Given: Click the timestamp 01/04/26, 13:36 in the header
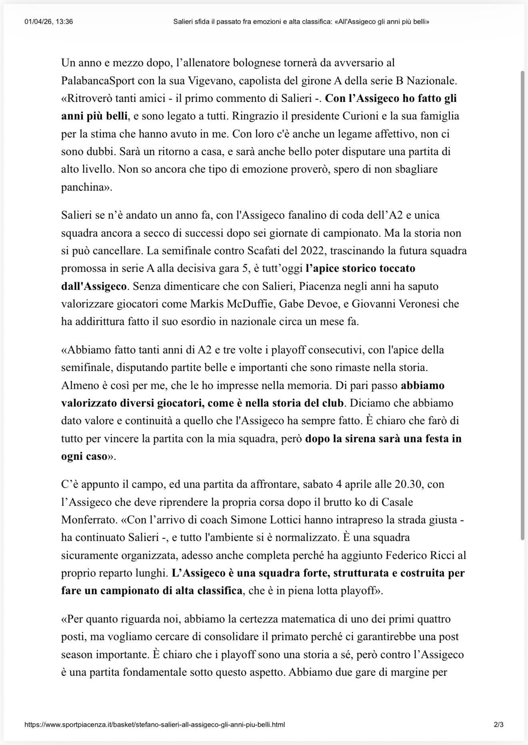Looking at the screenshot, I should pyautogui.click(x=48, y=22).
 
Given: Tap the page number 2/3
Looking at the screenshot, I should pyautogui.click(x=498, y=724).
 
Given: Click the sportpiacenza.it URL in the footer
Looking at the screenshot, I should pyautogui.click(x=154, y=724).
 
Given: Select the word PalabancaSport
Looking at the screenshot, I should pyautogui.click(x=98, y=81).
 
